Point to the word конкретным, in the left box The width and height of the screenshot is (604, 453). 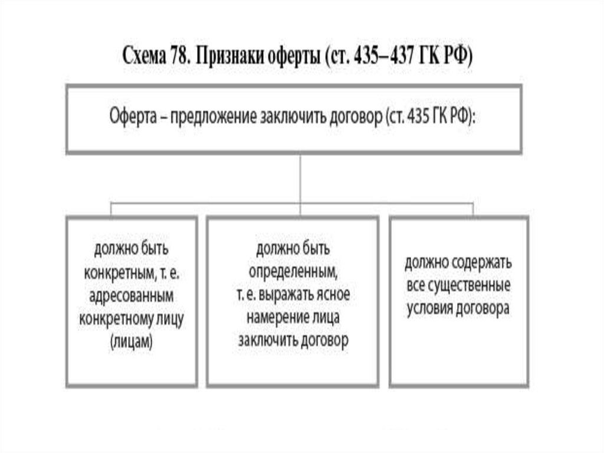(x=118, y=271)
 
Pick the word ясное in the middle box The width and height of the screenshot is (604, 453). (x=331, y=294)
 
